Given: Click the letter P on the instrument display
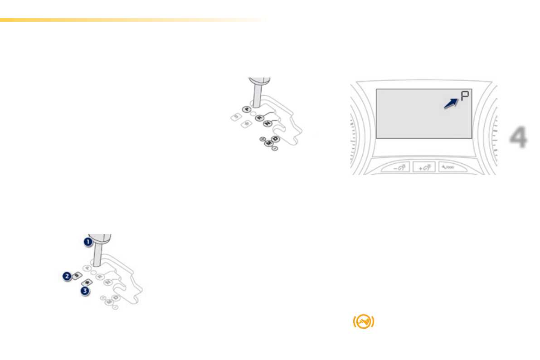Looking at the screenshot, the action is (x=464, y=96).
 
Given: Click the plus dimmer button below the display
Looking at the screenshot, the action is (x=424, y=168).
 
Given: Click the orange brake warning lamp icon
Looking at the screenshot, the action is (x=364, y=321).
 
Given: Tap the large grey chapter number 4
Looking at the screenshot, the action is (x=517, y=138).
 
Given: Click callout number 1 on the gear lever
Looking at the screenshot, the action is (x=88, y=242).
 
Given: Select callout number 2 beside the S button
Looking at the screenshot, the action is (x=67, y=275).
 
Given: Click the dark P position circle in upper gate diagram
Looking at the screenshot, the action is (x=246, y=109).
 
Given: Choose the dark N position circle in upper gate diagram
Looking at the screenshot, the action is (x=268, y=123).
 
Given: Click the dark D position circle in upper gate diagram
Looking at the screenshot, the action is (x=275, y=139).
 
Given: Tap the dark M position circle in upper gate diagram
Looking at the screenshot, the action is (x=269, y=143).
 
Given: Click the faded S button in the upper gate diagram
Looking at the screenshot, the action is (x=236, y=117).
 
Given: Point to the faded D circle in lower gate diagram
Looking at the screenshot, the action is (x=116, y=297).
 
